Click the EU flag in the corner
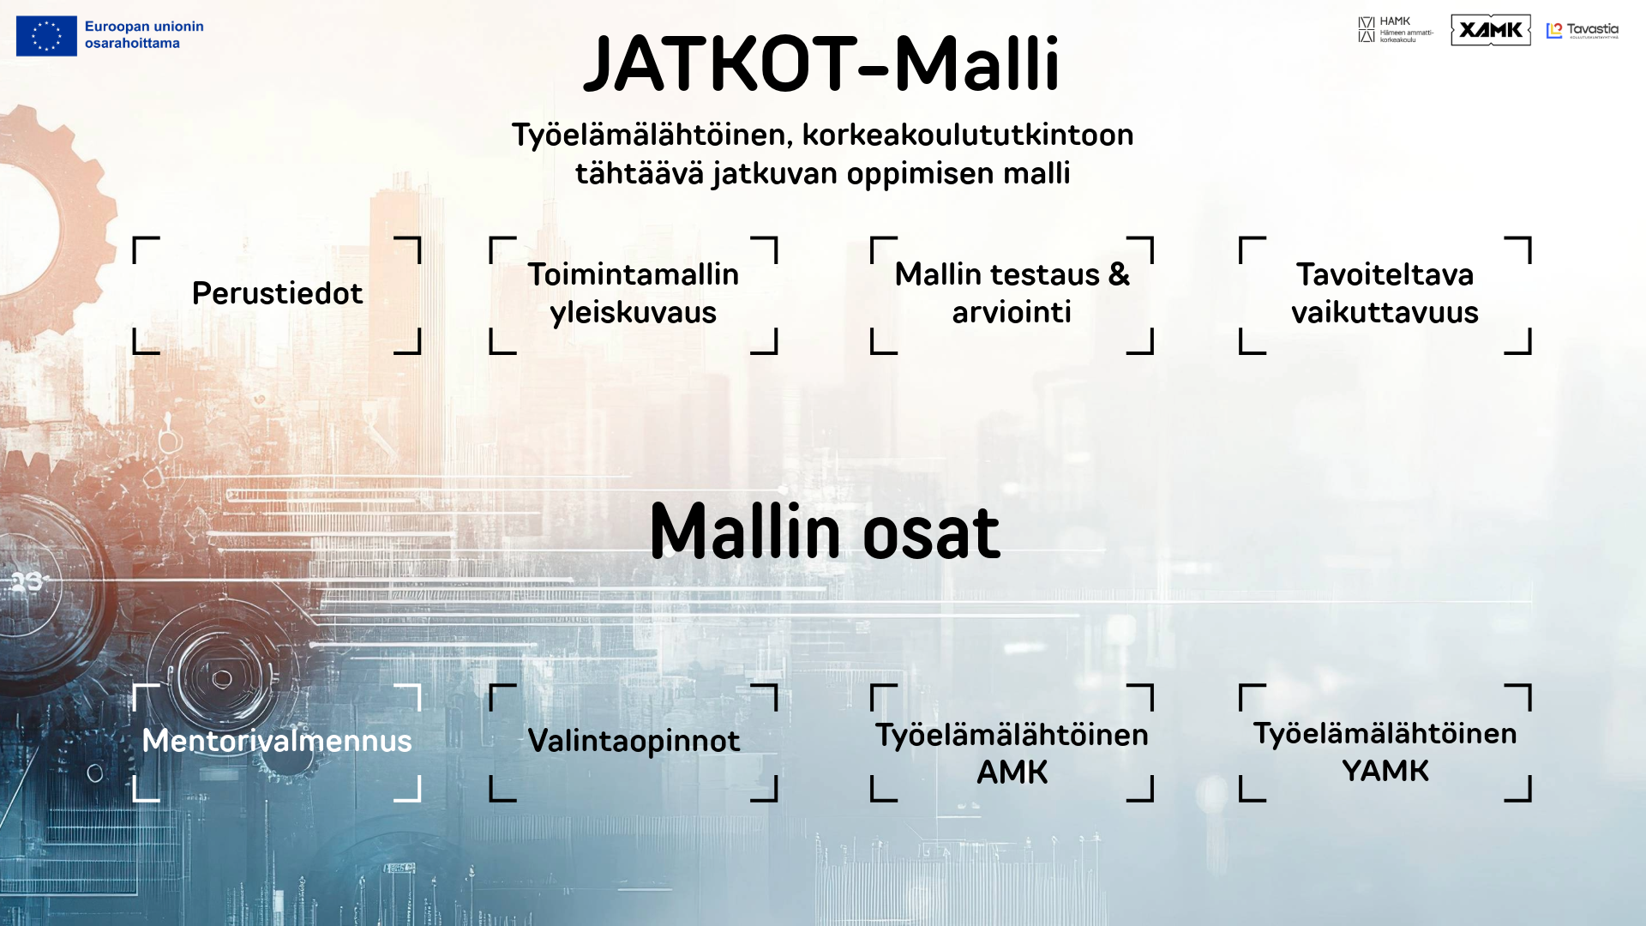[46, 36]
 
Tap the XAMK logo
[1490, 30]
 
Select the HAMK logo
[1395, 29]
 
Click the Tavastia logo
[1583, 31]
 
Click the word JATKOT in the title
[720, 65]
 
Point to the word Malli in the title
[977, 65]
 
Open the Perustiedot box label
[277, 294]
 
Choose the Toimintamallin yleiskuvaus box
[633, 293]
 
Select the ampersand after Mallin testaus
[1119, 275]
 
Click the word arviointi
[1012, 313]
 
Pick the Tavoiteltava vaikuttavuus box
[1385, 293]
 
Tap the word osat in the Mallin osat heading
[931, 532]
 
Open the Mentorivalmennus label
[277, 741]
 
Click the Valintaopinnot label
[634, 741]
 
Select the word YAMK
[1385, 772]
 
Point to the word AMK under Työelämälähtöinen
[1012, 773]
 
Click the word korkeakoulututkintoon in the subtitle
[968, 135]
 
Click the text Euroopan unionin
[144, 27]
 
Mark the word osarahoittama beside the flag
[132, 44]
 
